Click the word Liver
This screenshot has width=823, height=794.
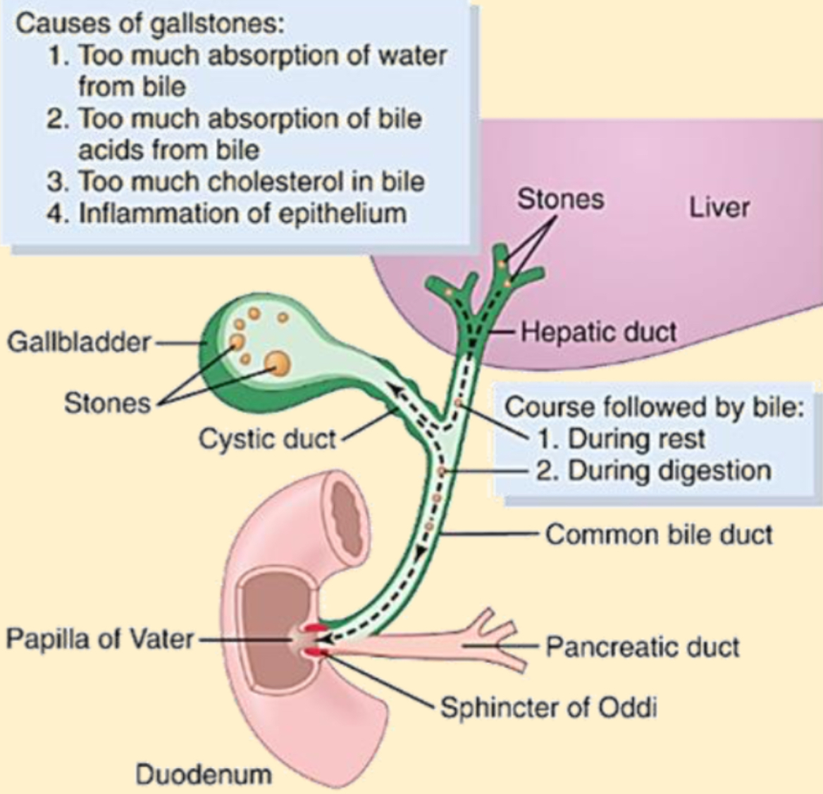tap(719, 207)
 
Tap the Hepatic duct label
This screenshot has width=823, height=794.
tap(598, 333)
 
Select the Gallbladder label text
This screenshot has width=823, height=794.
tap(79, 342)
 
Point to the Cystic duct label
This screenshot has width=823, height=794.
tap(266, 439)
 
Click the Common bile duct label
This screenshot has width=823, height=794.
tap(659, 535)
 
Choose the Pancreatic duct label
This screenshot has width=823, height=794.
tap(643, 647)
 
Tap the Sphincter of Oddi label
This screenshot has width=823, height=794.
tap(548, 707)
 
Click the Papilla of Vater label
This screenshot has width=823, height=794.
tap(100, 639)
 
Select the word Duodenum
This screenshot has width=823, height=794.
tap(204, 774)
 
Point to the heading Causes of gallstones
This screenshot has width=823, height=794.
tap(150, 24)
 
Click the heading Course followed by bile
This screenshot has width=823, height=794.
tap(655, 407)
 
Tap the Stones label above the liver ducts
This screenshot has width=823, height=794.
tap(561, 199)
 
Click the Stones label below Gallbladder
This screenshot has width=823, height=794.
tap(107, 404)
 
